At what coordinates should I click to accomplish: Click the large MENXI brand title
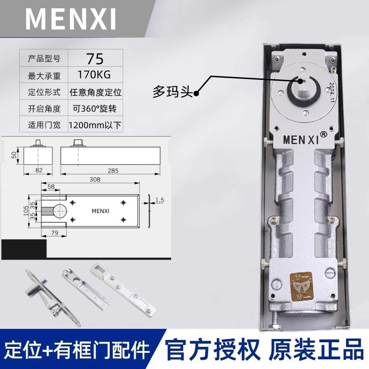71,18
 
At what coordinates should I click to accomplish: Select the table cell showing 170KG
95,74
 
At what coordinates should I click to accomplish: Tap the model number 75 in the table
95,59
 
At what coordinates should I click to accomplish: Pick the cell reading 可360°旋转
95,108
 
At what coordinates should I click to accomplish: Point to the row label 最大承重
44,75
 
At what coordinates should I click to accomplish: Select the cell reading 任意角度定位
95,92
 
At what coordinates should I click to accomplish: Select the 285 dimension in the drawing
113,171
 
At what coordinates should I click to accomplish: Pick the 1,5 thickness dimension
160,200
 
